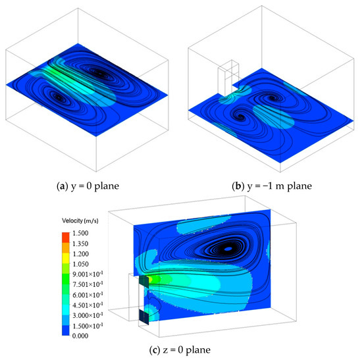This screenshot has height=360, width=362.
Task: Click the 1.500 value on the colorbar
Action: (80, 233)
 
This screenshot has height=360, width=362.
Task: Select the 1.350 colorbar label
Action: (80, 244)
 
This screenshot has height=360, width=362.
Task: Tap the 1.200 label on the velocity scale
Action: (80, 254)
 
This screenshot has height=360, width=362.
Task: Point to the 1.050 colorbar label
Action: (80, 264)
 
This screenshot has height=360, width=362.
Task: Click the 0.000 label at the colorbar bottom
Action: (80, 336)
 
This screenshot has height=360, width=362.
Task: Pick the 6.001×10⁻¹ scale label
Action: (88, 295)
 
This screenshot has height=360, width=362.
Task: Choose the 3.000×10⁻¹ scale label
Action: (88, 315)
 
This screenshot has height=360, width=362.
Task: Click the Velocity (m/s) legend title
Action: (80, 220)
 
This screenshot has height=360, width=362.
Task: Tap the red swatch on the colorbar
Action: (66, 238)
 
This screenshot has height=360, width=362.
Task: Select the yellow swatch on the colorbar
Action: (66, 258)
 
